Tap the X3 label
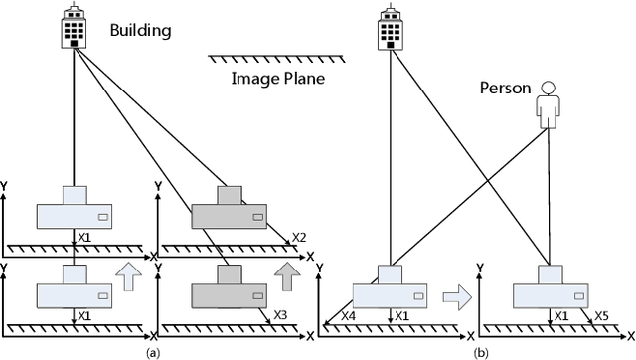coord(282,313)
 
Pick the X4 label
coord(348,315)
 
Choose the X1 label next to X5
coord(561,315)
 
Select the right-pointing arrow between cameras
coord(456,293)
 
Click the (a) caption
coord(152,352)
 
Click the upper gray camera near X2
coord(230,210)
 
